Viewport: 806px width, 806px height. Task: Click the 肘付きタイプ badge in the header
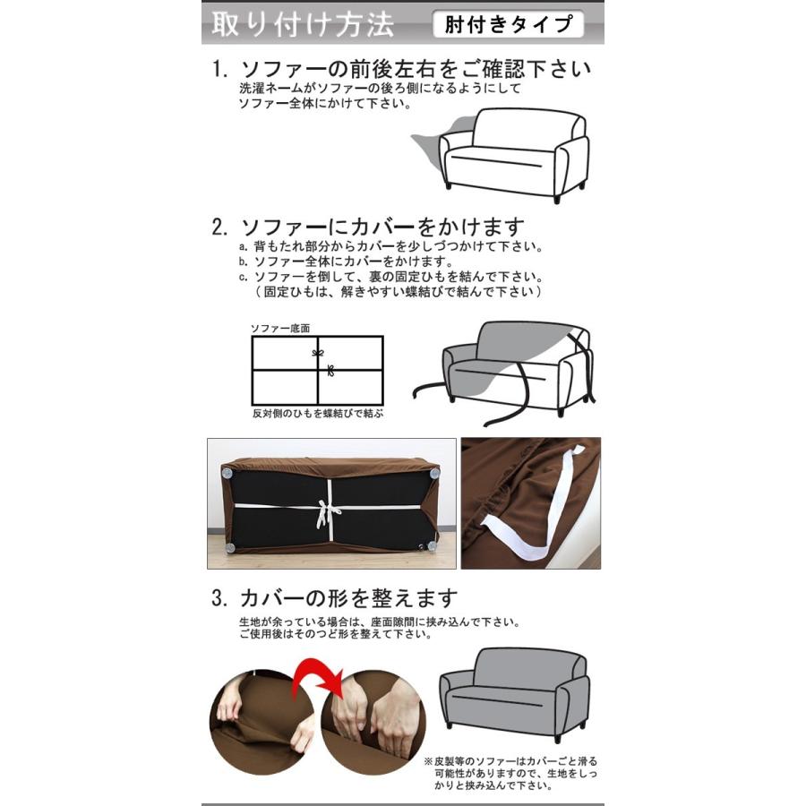tap(507, 24)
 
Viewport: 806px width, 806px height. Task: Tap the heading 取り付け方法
tap(302, 24)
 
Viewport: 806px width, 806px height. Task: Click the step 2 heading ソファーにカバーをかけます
tap(381, 227)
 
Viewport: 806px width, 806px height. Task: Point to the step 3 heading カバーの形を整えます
tap(348, 597)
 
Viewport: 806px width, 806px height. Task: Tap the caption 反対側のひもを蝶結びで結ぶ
tap(317, 415)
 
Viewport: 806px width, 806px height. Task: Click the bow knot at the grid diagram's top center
tap(317, 353)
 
